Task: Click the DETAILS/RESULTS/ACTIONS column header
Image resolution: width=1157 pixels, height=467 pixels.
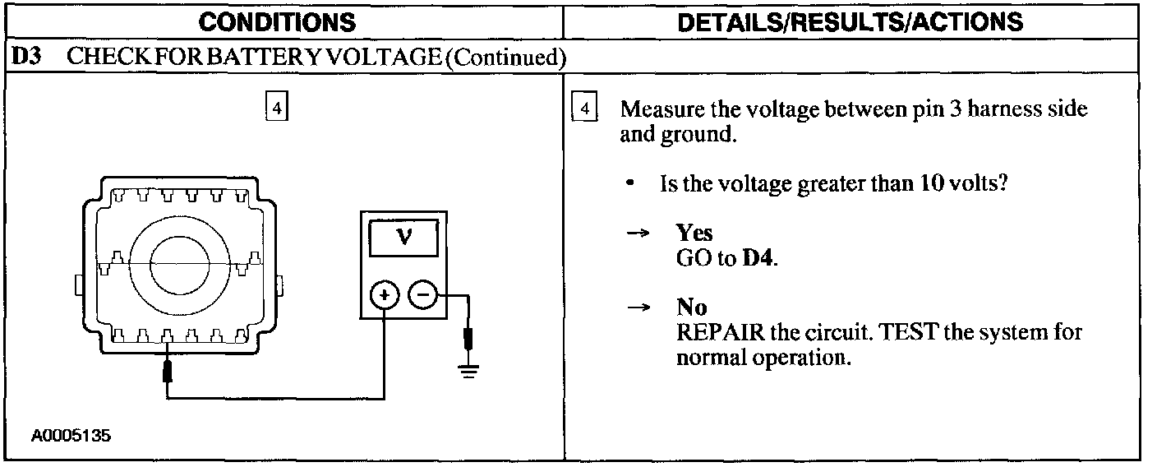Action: pos(852,22)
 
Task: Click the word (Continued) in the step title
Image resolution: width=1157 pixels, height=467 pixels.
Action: pos(503,58)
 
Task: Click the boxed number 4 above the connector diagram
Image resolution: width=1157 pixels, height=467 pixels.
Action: pos(277,109)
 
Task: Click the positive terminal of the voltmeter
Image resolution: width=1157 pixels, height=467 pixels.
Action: pos(385,294)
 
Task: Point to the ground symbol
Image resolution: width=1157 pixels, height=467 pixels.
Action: pos(468,368)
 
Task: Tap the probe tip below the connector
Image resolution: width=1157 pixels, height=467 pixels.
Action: pos(168,372)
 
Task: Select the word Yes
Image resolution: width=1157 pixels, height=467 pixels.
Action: pos(694,233)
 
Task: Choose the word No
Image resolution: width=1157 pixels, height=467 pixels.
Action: pos(691,307)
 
